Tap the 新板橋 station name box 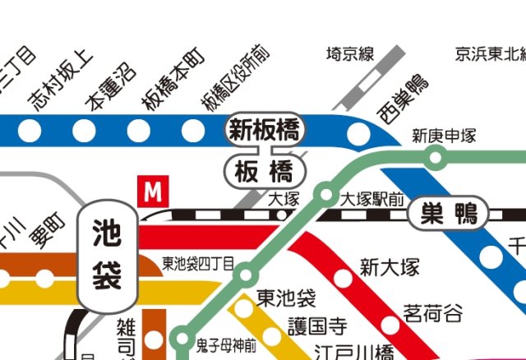[265, 130]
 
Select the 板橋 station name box [264, 172]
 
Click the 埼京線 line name [350, 55]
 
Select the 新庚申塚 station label [444, 136]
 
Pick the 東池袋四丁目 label [198, 264]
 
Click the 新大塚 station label [390, 268]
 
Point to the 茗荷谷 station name [432, 312]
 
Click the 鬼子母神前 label [227, 339]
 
